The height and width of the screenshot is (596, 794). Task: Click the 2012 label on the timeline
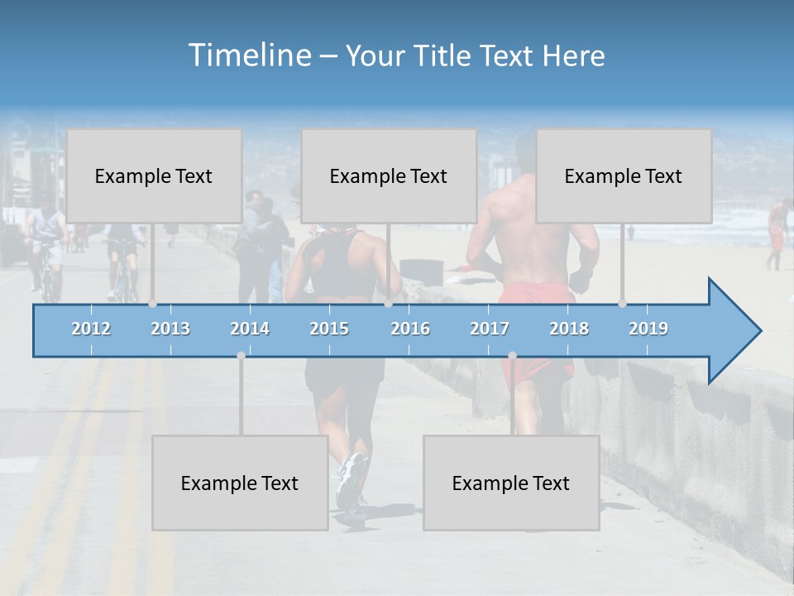pos(91,329)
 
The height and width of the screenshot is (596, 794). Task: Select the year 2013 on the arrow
pos(170,329)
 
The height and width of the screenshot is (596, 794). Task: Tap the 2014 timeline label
pos(250,329)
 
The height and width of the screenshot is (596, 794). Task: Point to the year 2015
pos(329,329)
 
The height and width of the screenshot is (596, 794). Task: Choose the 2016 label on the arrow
pos(410,329)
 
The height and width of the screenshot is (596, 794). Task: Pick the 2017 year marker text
pos(490,329)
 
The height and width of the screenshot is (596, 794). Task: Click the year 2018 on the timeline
pos(569,329)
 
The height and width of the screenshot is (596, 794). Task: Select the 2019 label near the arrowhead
pos(648,329)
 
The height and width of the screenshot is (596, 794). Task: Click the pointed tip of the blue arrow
pos(758,331)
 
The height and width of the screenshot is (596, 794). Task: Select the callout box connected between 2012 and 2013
pos(154,175)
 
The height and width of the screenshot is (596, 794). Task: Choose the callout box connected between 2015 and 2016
pos(389,175)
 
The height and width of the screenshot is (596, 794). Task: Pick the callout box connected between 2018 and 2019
pos(624,175)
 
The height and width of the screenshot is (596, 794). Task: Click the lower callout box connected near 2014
pos(240,483)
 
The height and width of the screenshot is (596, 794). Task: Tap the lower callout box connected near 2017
pos(511,483)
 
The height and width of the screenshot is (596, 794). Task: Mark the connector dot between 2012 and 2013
pos(153,303)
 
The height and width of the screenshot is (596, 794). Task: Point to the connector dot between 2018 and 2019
pos(623,303)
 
